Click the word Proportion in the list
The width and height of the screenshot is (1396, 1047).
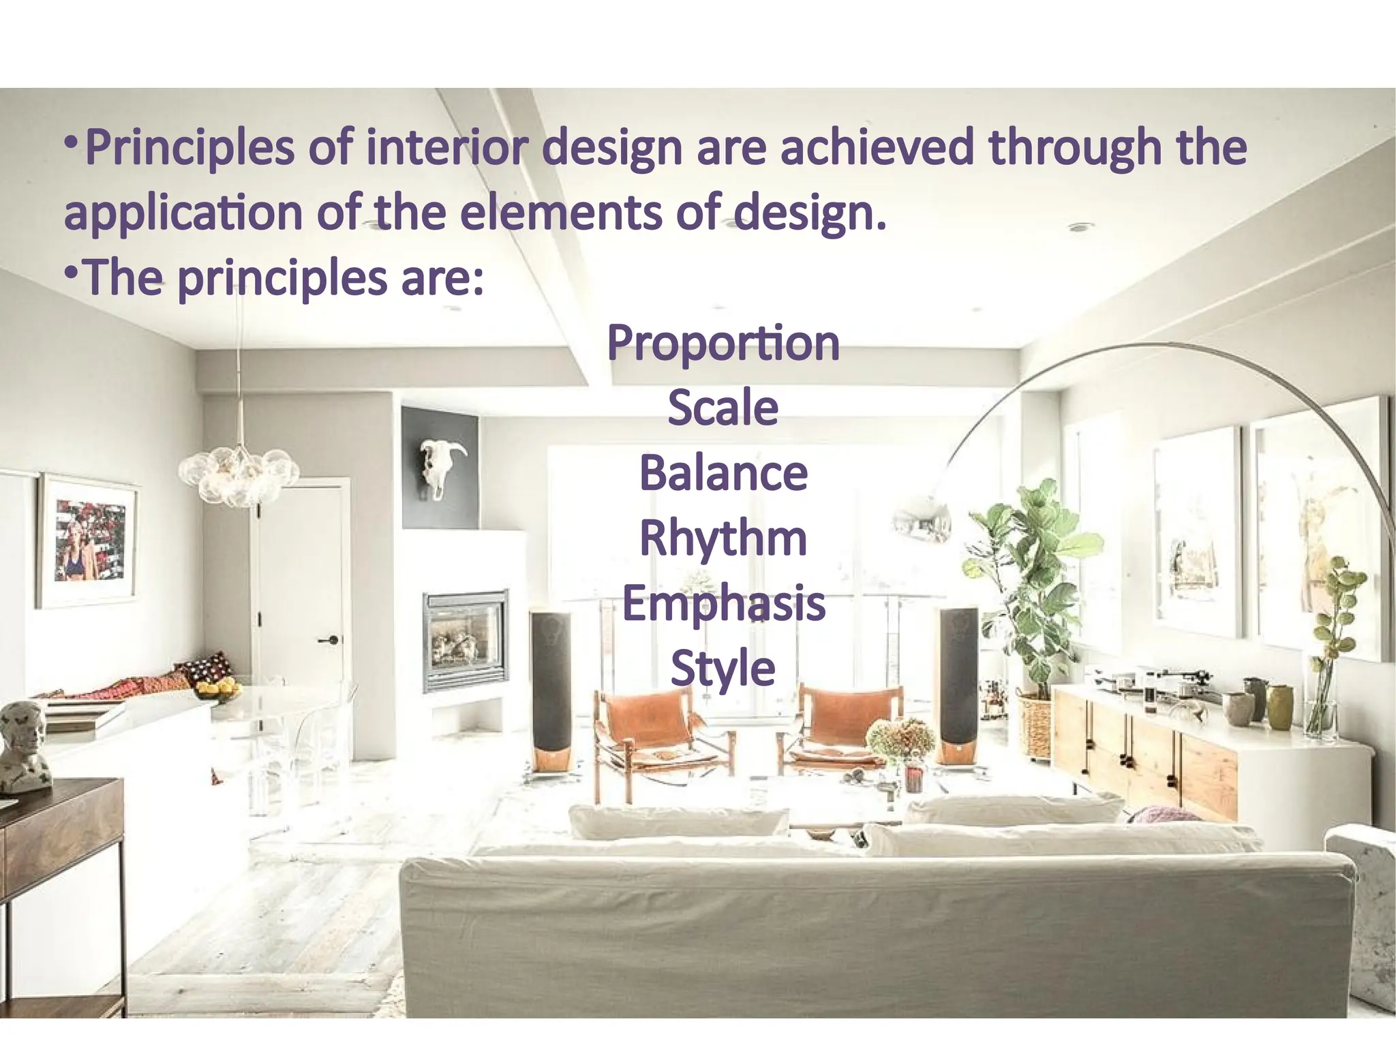(x=723, y=343)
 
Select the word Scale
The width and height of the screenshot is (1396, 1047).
(x=723, y=408)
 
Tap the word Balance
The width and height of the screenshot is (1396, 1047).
(x=723, y=473)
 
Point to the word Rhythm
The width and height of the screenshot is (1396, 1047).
(x=723, y=538)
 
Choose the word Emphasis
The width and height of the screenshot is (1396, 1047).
(x=723, y=603)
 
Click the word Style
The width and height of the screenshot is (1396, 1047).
(x=723, y=668)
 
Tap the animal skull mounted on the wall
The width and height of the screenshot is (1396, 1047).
(x=440, y=467)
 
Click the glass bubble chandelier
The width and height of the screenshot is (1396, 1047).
(x=238, y=474)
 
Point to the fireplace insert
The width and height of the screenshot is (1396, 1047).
(x=466, y=639)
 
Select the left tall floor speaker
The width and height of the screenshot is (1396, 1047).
(x=551, y=688)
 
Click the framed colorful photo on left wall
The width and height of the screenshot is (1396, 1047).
(x=88, y=540)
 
